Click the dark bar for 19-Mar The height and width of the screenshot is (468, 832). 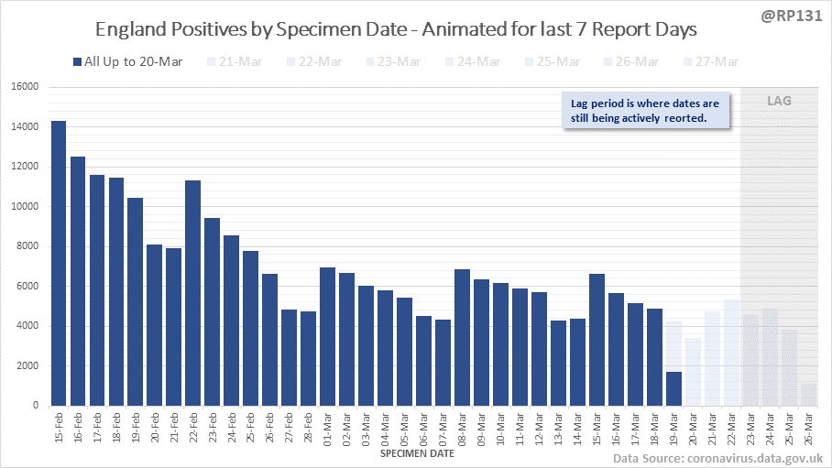[673, 388]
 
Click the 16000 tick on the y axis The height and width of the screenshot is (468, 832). [26, 87]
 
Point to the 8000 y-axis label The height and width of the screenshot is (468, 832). [28, 246]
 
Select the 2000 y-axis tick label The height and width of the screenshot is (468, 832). [28, 365]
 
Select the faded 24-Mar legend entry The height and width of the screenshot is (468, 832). [473, 61]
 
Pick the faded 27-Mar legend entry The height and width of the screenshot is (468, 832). [711, 61]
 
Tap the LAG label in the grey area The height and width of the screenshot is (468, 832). [779, 101]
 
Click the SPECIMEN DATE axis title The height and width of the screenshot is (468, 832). [416, 452]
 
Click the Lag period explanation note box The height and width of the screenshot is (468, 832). [645, 111]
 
